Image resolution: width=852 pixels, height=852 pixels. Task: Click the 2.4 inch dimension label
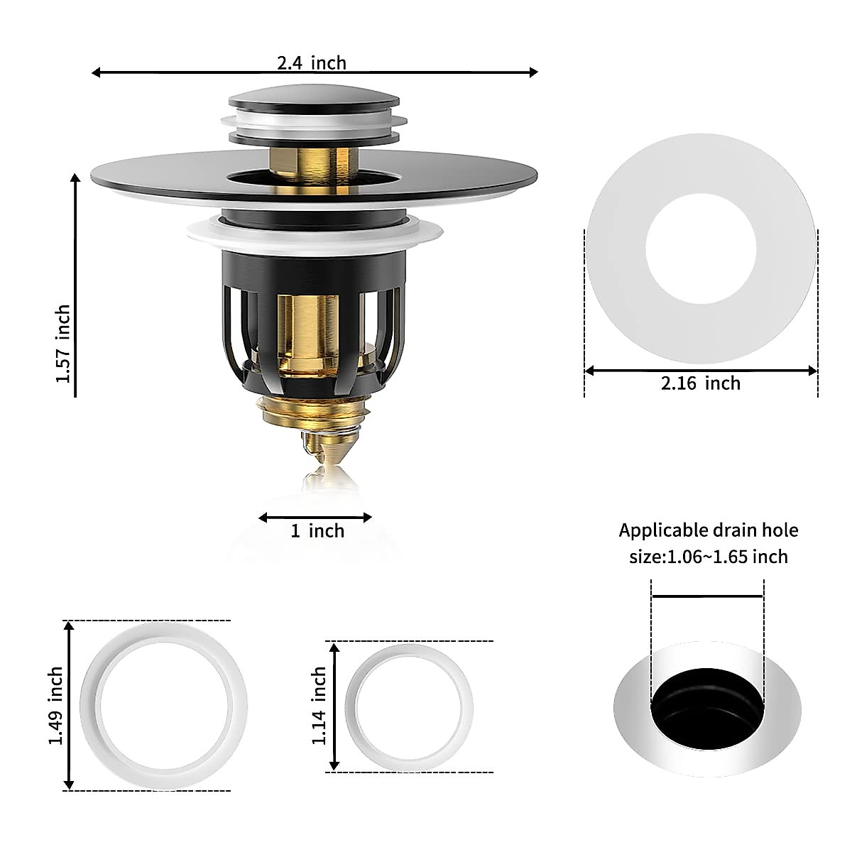click(x=312, y=63)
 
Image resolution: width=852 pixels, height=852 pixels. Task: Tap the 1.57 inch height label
click(x=63, y=344)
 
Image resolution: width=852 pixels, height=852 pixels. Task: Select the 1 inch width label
click(x=317, y=531)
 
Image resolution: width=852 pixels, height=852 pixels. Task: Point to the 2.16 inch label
click(x=701, y=383)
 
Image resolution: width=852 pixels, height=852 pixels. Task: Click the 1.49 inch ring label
click(x=55, y=706)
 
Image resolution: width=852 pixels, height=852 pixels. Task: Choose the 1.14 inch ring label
click(x=319, y=706)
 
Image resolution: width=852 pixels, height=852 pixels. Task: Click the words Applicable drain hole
click(x=709, y=530)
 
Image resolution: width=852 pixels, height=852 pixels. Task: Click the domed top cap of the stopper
click(x=314, y=97)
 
